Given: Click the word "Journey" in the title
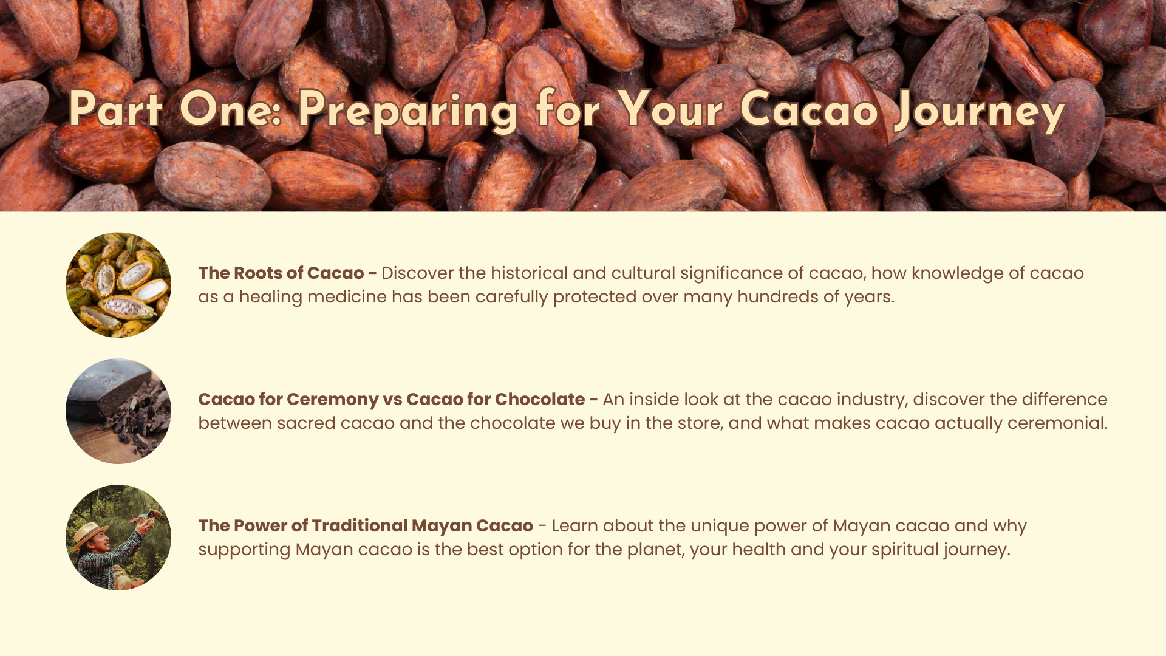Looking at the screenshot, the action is pyautogui.click(x=980, y=110).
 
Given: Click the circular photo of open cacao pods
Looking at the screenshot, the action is pyautogui.click(x=118, y=285).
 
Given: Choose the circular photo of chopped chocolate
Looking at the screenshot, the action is pyautogui.click(x=118, y=411).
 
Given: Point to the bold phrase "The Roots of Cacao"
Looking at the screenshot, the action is pyautogui.click(x=281, y=273).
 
